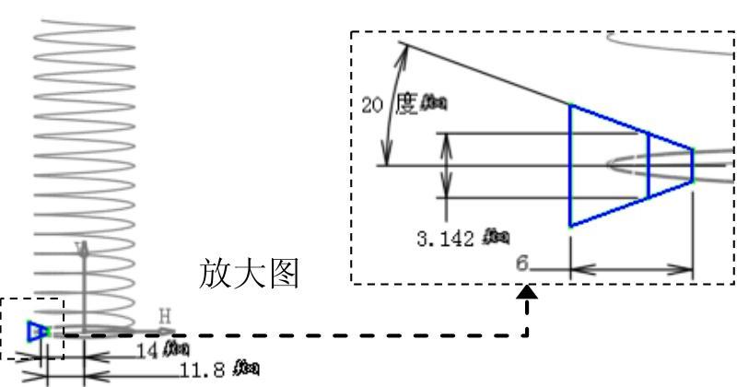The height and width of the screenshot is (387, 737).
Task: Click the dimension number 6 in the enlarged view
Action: [x=521, y=264]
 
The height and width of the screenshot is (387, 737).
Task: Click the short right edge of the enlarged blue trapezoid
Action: [x=693, y=165]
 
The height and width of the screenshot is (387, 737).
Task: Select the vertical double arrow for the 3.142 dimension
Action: [x=447, y=165]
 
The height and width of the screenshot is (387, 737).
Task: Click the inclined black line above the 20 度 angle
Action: [x=484, y=73]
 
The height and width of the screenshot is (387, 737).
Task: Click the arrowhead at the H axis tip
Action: [x=168, y=331]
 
